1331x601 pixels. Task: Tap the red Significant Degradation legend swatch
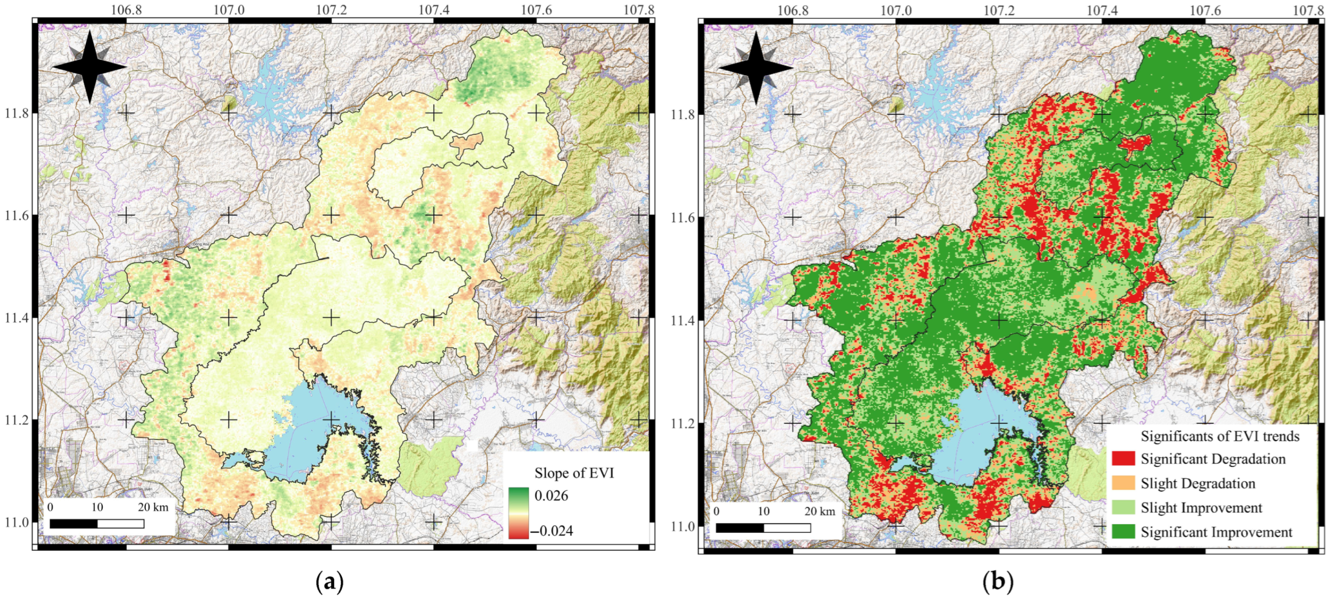pos(1123,458)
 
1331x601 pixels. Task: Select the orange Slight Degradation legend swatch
pos(1123,483)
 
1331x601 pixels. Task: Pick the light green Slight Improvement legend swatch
pos(1123,507)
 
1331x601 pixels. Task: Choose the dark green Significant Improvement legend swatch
pos(1123,531)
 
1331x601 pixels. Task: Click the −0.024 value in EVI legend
pos(552,531)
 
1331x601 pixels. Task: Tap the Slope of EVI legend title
pos(574,472)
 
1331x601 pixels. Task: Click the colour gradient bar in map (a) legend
pos(518,513)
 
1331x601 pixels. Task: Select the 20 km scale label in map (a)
pos(153,507)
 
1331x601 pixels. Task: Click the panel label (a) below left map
pos(329,582)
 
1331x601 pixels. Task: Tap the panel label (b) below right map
pos(997,582)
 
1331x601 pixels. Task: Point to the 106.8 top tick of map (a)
pos(127,10)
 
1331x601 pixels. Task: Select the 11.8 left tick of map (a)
pos(16,112)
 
